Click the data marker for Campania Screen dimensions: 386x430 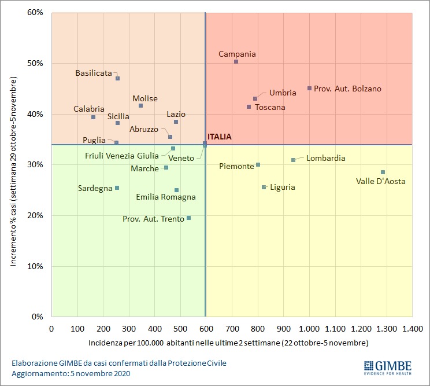coord(236,62)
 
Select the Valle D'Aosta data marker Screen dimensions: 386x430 coord(383,172)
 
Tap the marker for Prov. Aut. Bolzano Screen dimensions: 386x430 coord(309,89)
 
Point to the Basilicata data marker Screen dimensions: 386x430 coord(117,79)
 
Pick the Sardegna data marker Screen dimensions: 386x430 coord(117,188)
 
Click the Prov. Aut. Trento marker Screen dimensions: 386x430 coord(188,218)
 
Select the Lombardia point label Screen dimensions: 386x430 coord(326,158)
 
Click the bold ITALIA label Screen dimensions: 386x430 coord(219,137)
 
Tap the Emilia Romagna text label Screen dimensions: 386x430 coord(166,197)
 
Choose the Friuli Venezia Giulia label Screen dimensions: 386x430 coord(121,156)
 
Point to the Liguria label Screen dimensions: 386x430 coord(283,187)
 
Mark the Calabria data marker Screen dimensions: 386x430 coord(93,117)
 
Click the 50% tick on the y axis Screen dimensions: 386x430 coord(36,63)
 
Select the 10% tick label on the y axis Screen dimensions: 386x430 coord(36,266)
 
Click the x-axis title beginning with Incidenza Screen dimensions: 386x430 coord(228,343)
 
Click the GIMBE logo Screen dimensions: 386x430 coord(387,367)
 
